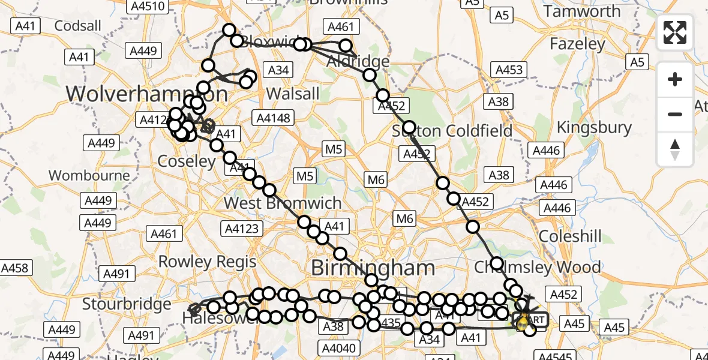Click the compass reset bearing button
pyautogui.click(x=675, y=149)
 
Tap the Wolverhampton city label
pyautogui.click(x=146, y=94)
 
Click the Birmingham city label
pyautogui.click(x=373, y=267)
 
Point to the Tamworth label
pyautogui.click(x=582, y=11)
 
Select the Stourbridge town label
pyautogui.click(x=127, y=304)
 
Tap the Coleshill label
pyautogui.click(x=570, y=236)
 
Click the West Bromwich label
pyautogui.click(x=283, y=203)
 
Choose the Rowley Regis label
pyautogui.click(x=207, y=262)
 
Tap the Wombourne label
pyautogui.click(x=89, y=175)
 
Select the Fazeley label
pyautogui.click(x=577, y=44)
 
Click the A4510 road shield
pyautogui.click(x=146, y=7)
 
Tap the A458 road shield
pyautogui.click(x=15, y=268)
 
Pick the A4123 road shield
pyautogui.click(x=242, y=227)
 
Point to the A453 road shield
pyautogui.click(x=509, y=70)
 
